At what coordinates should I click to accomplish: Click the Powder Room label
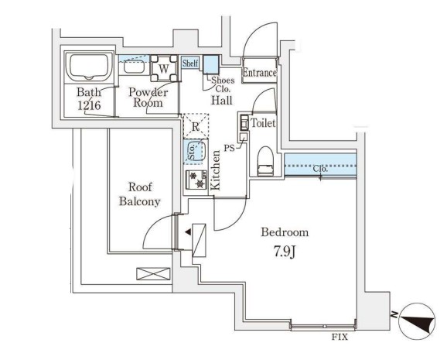tap(148, 96)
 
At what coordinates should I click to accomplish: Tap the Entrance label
tap(259, 73)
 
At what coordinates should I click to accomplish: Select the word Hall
tap(224, 100)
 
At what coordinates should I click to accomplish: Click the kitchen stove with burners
tap(195, 180)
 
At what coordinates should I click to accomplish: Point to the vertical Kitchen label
tap(217, 170)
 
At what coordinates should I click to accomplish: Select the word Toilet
tap(262, 122)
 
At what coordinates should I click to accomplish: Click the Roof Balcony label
tap(139, 194)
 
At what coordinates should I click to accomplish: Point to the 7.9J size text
tap(285, 251)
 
